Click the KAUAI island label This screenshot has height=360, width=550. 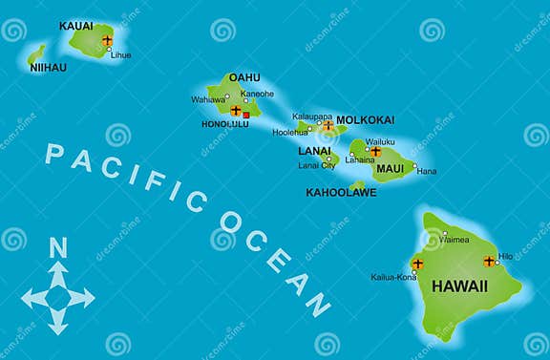tap(76, 26)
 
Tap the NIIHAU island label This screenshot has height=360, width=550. tap(48, 68)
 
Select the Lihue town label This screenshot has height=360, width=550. tap(121, 54)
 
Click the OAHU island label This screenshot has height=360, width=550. tap(244, 77)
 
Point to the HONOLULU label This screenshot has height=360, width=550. tap(224, 124)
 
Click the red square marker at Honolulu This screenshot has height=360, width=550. tap(245, 115)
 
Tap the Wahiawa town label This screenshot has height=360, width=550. tap(208, 99)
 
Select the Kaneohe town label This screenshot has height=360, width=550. tap(257, 94)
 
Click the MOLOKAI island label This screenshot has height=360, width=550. tap(365, 120)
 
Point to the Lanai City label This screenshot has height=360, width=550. tap(316, 165)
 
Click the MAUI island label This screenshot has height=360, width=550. tap(390, 169)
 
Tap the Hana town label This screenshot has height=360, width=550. tap(427, 171)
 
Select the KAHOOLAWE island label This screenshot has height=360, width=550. tap(341, 192)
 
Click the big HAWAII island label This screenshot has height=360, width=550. tap(459, 286)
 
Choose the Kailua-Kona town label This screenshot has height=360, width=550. tap(393, 277)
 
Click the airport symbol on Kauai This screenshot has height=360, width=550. tap(107, 41)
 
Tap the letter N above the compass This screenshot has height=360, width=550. tap(58, 248)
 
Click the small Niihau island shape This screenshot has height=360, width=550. tap(36, 53)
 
